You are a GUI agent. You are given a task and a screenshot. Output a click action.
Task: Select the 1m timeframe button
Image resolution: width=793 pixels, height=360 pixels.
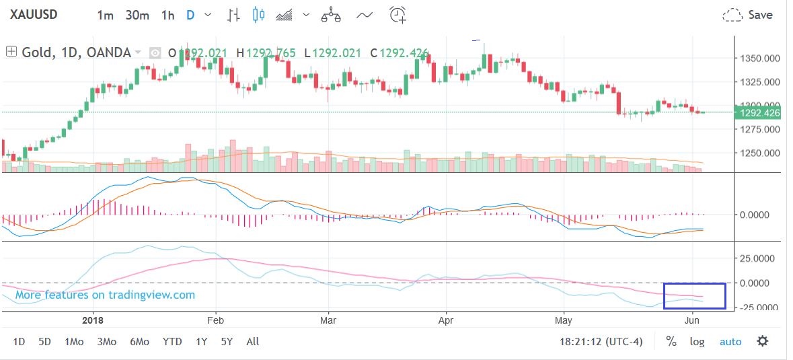105,15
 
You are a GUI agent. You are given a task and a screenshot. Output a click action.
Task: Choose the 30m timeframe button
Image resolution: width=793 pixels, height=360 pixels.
137,15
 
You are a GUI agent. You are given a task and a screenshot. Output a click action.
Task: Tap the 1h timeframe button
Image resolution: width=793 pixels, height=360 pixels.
167,15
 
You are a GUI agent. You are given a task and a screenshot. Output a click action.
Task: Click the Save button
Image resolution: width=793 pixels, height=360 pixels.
748,15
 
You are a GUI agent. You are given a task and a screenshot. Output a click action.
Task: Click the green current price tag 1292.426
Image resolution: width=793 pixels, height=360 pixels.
759,113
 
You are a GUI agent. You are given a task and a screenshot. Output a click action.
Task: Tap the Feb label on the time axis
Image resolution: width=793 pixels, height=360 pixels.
216,321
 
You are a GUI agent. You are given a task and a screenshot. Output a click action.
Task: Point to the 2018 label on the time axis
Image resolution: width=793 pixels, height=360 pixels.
91,321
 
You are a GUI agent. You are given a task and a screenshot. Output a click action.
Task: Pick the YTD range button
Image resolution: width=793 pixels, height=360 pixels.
172,342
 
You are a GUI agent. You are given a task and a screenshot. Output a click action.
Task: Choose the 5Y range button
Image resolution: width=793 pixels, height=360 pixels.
227,342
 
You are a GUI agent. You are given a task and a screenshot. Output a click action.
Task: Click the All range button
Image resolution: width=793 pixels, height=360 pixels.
252,342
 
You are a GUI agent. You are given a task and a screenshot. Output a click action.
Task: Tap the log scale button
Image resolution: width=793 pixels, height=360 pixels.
697,342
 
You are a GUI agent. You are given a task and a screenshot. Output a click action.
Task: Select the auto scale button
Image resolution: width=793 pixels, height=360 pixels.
730,342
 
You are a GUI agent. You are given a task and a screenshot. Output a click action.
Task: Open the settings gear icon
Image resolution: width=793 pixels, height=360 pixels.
762,341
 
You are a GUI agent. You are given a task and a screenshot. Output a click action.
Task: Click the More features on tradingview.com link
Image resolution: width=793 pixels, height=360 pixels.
105,295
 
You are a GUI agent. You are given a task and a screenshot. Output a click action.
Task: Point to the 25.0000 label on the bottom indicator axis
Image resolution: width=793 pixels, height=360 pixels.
758,258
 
